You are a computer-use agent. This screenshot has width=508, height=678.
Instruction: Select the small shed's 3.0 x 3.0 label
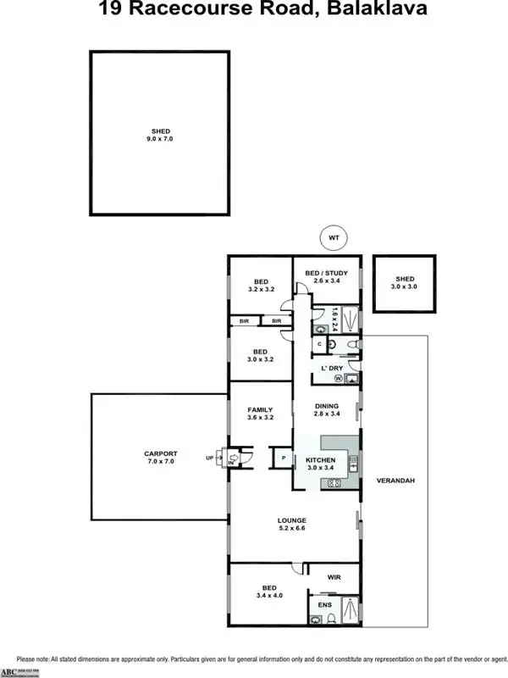(x=406, y=288)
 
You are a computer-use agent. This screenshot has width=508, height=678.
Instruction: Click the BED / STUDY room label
(x=326, y=272)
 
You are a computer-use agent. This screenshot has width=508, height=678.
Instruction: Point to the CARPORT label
(x=161, y=454)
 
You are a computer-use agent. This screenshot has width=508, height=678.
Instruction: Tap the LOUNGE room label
(x=291, y=520)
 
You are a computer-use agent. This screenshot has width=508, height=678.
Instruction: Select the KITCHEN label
(x=321, y=459)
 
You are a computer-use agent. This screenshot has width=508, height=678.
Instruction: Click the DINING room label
(x=326, y=406)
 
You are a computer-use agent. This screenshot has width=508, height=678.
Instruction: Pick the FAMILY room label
(x=261, y=409)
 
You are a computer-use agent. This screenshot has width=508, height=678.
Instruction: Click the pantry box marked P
(x=282, y=458)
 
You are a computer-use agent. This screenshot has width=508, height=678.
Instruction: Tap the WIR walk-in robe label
(x=334, y=577)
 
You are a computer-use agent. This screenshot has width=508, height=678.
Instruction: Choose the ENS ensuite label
(x=324, y=604)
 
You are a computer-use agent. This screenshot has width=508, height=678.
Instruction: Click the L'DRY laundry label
(x=330, y=368)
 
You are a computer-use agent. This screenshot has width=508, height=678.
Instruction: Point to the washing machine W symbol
(x=338, y=379)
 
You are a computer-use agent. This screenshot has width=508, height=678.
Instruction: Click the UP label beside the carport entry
(x=210, y=458)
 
